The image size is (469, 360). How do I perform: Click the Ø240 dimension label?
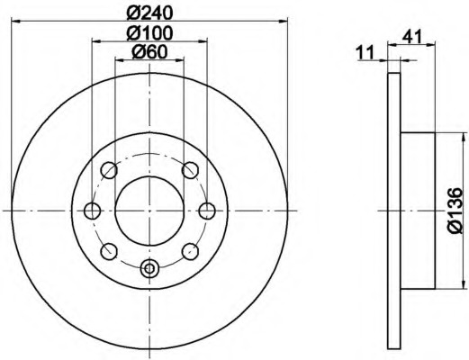pyautogui.click(x=149, y=13)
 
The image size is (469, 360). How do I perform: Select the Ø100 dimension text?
pyautogui.click(x=149, y=33)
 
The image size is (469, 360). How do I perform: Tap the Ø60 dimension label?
pyautogui.click(x=149, y=52)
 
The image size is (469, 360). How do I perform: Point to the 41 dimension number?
pyautogui.click(x=412, y=37)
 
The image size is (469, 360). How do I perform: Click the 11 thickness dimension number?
pyautogui.click(x=365, y=52)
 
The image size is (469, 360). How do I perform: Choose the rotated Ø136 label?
pyautogui.click(x=455, y=211)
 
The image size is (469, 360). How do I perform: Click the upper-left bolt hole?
pyautogui.click(x=109, y=170)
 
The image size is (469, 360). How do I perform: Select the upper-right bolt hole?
pyautogui.click(x=190, y=170)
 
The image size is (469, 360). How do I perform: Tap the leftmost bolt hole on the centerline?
pyautogui.click(x=92, y=211)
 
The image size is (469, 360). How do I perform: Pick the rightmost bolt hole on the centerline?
pyautogui.click(x=207, y=211)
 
